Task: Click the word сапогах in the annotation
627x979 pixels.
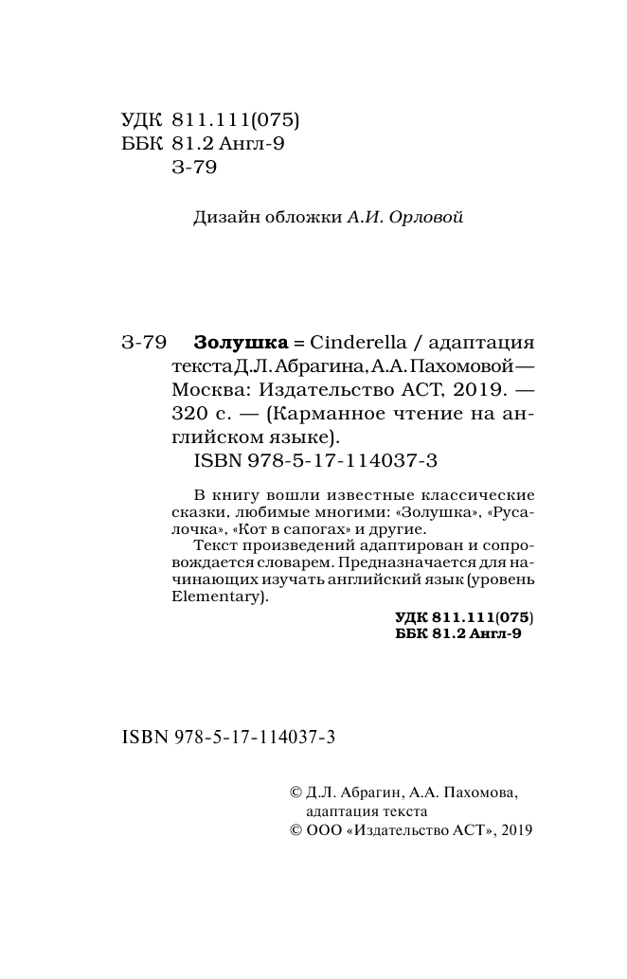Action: (289, 528)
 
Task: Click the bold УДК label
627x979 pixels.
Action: (412, 616)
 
